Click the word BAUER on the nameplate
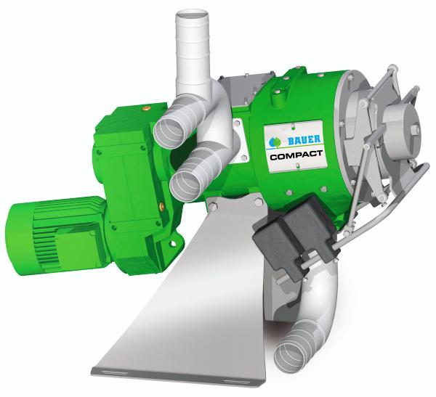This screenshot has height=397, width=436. point(304,139)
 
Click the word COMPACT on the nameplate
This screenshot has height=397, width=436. point(296,155)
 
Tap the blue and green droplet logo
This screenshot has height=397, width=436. point(276,142)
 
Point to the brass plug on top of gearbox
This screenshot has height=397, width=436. point(145,107)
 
